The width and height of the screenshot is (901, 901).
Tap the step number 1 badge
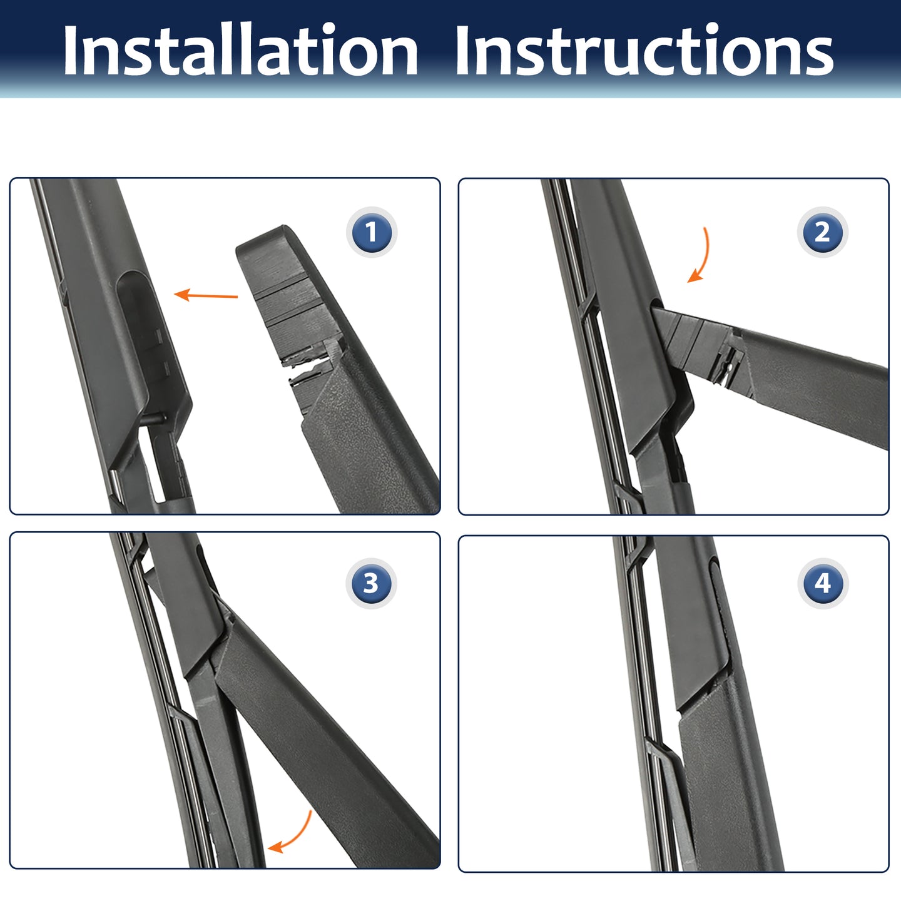(x=371, y=232)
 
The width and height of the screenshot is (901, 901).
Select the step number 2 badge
(x=822, y=232)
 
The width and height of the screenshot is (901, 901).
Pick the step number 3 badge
(x=371, y=583)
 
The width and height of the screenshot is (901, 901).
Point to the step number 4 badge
(x=822, y=583)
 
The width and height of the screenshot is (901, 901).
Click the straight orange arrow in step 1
(x=206, y=295)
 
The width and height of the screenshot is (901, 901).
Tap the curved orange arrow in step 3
(x=295, y=835)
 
